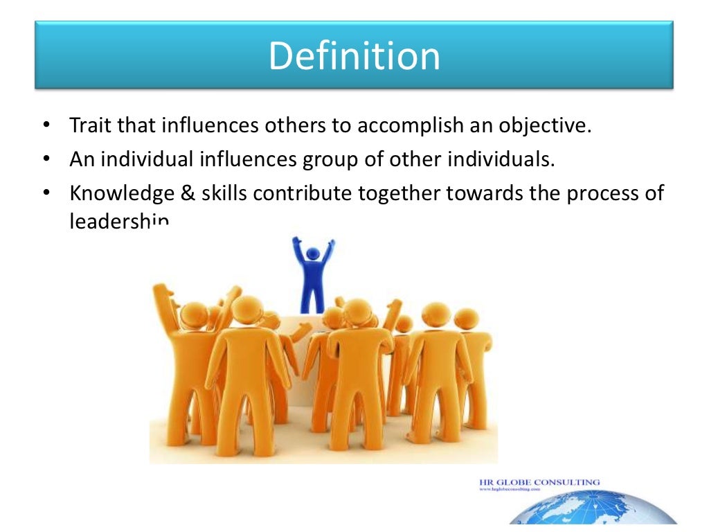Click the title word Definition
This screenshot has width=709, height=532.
pos(354,56)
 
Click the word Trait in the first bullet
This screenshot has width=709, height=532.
pos(88,127)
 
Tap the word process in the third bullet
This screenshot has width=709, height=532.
pos(599,194)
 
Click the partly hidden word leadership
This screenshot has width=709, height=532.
pos(118,222)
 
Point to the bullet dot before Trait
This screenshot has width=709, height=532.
pos(46,127)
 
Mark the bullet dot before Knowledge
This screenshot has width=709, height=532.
pos(46,193)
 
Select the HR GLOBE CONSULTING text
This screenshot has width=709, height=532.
pos(539,482)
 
